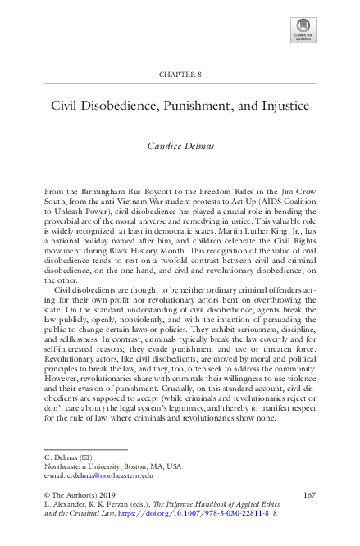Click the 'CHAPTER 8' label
pyautogui.click(x=179, y=75)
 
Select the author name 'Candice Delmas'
pyautogui.click(x=180, y=146)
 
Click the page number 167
pyautogui.click(x=310, y=495)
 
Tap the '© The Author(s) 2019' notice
pyautogui.click(x=80, y=495)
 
